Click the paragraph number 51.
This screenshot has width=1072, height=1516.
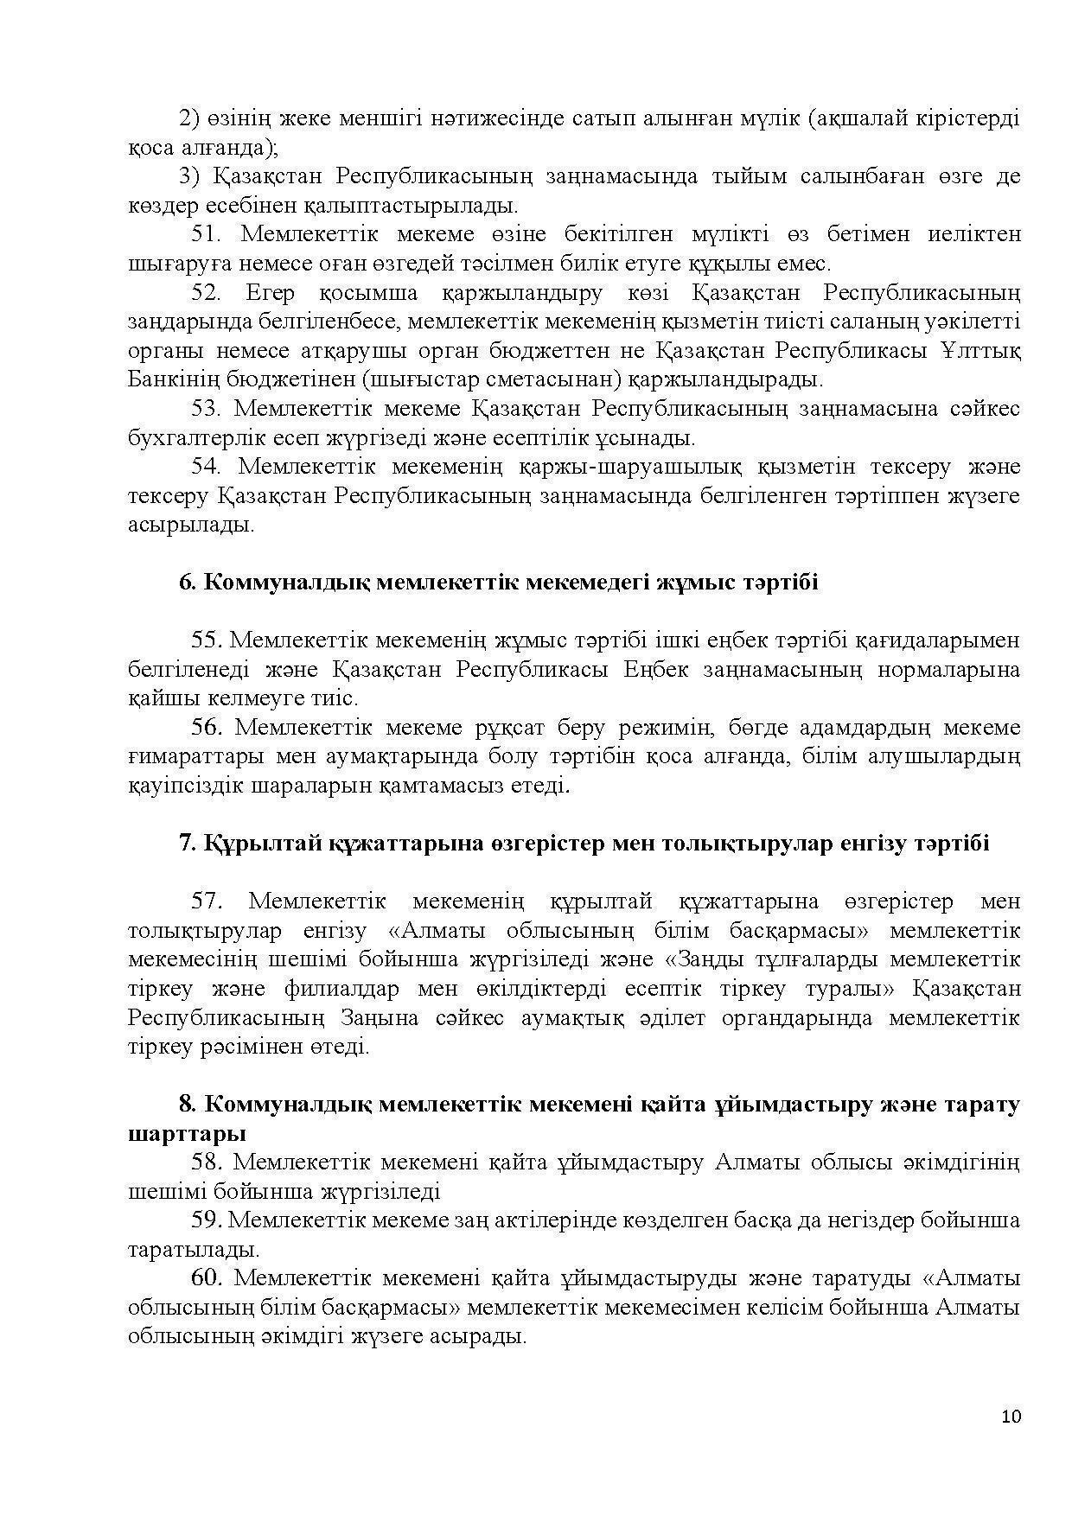tap(207, 234)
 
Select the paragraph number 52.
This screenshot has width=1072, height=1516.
tap(207, 293)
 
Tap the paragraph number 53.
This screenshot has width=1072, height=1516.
tap(207, 409)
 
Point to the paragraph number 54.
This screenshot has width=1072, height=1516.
tap(207, 467)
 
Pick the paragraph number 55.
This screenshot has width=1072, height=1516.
tap(207, 640)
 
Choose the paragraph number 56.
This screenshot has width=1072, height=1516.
tap(207, 728)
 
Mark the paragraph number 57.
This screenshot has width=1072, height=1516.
tap(207, 901)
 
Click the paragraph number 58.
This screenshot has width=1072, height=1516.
tap(207, 1162)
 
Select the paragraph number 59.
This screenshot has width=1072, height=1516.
tap(207, 1220)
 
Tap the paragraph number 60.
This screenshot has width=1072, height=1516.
tap(207, 1278)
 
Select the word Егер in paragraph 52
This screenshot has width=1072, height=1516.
tap(271, 293)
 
